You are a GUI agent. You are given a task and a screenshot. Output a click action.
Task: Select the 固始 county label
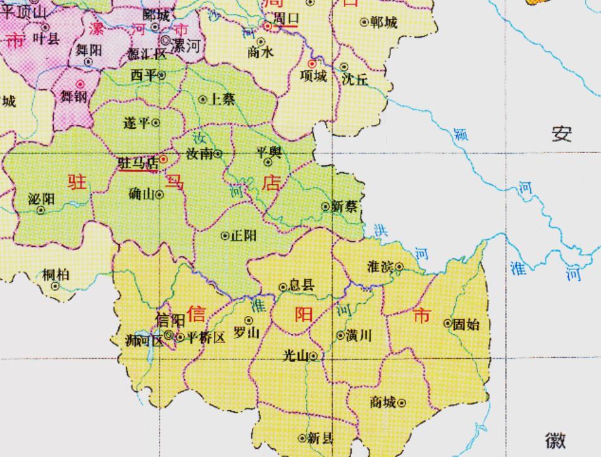point(466,325)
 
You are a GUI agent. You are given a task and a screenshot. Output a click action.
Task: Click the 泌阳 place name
point(41,199)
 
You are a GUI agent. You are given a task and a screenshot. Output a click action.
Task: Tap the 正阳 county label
point(244,235)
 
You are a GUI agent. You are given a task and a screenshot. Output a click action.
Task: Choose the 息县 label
point(301,286)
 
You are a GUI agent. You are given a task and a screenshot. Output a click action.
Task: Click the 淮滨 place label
point(381,267)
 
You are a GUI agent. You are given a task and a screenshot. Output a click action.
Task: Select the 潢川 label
point(359,336)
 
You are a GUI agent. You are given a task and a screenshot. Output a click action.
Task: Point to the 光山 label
point(294,356)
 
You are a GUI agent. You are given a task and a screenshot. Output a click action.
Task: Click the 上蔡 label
point(223,99)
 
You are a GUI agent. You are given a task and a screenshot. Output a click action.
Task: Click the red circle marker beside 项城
point(312,64)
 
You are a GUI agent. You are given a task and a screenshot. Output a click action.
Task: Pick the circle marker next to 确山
point(159,195)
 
